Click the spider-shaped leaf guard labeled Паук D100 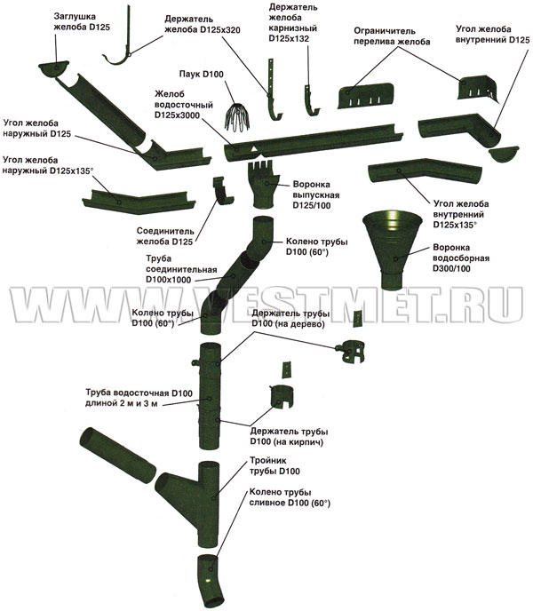(x=237, y=115)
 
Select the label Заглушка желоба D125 (x=82, y=22)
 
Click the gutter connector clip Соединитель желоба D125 (x=222, y=191)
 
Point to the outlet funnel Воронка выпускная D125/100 (x=263, y=185)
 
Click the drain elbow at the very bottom (x=210, y=581)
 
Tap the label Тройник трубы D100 (x=274, y=466)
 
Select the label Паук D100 (x=202, y=74)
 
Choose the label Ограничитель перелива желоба (x=392, y=36)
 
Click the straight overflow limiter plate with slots (x=365, y=96)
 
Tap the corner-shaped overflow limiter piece (x=478, y=89)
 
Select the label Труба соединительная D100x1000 (x=181, y=269)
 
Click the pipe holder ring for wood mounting (x=351, y=352)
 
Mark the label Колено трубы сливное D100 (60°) (x=290, y=497)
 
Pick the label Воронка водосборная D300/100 (x=461, y=258)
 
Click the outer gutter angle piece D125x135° (x=139, y=202)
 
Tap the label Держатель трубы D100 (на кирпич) (x=289, y=437)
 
